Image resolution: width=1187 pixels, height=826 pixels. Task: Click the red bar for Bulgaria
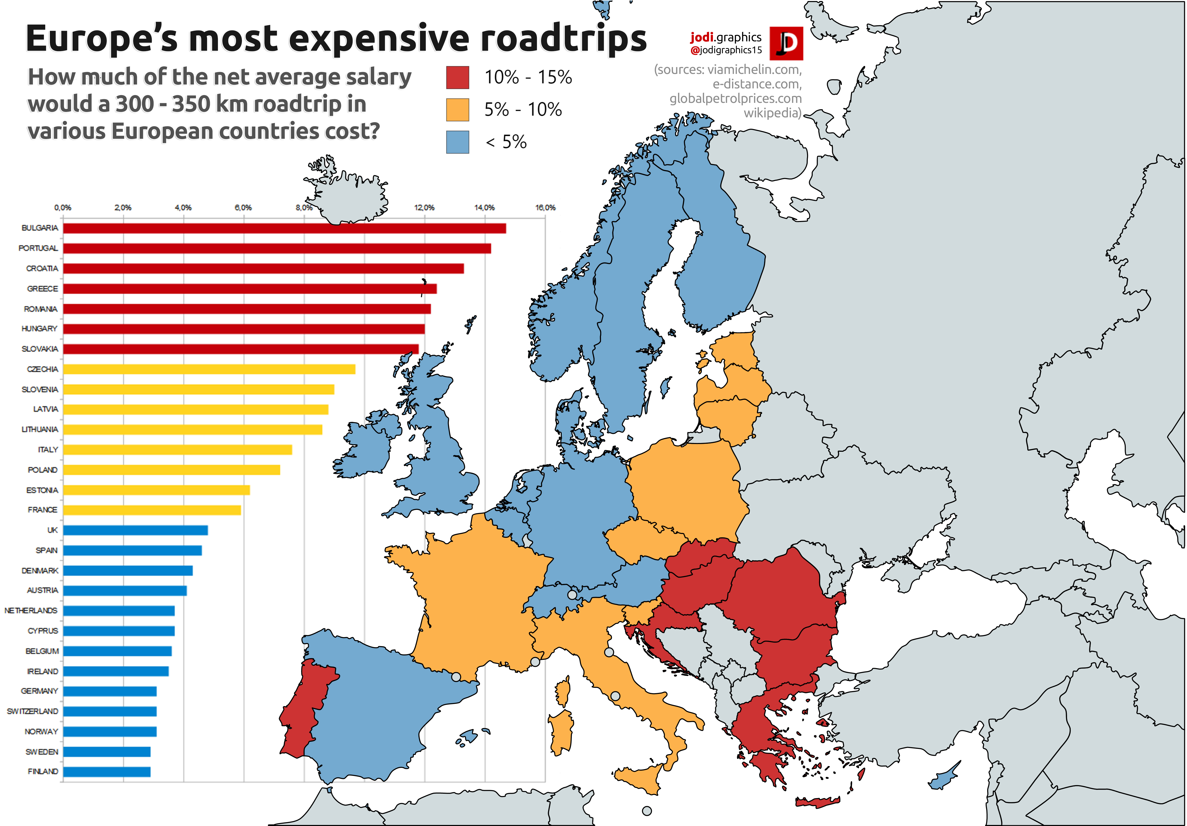pyautogui.click(x=284, y=228)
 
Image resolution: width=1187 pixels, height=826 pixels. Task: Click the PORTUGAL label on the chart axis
pyautogui.click(x=38, y=248)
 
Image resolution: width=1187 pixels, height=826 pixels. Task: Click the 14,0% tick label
pyautogui.click(x=484, y=207)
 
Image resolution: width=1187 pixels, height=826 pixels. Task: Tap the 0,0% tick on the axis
pyautogui.click(x=63, y=207)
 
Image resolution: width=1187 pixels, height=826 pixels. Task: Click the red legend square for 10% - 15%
pyautogui.click(x=458, y=78)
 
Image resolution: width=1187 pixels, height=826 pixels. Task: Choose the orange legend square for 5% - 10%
pyautogui.click(x=458, y=110)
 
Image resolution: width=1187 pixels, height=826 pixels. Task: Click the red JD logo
pyautogui.click(x=786, y=43)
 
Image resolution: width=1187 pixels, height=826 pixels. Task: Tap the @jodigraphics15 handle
pyautogui.click(x=726, y=50)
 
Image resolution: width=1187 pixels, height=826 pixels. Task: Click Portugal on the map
pyautogui.click(x=305, y=708)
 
